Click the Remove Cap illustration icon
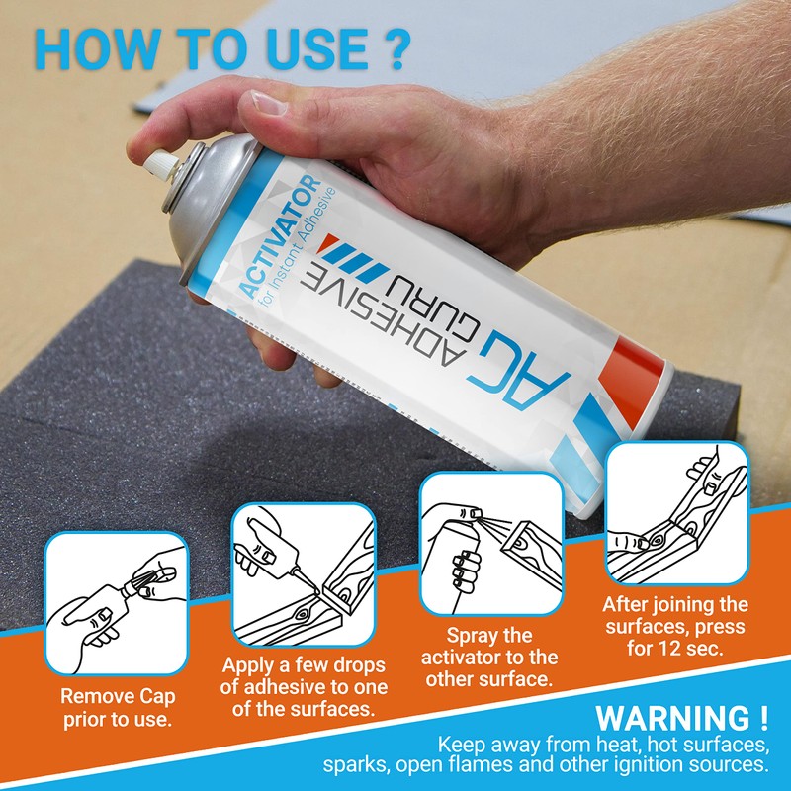coord(116,602)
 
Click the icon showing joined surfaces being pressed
coord(674,513)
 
